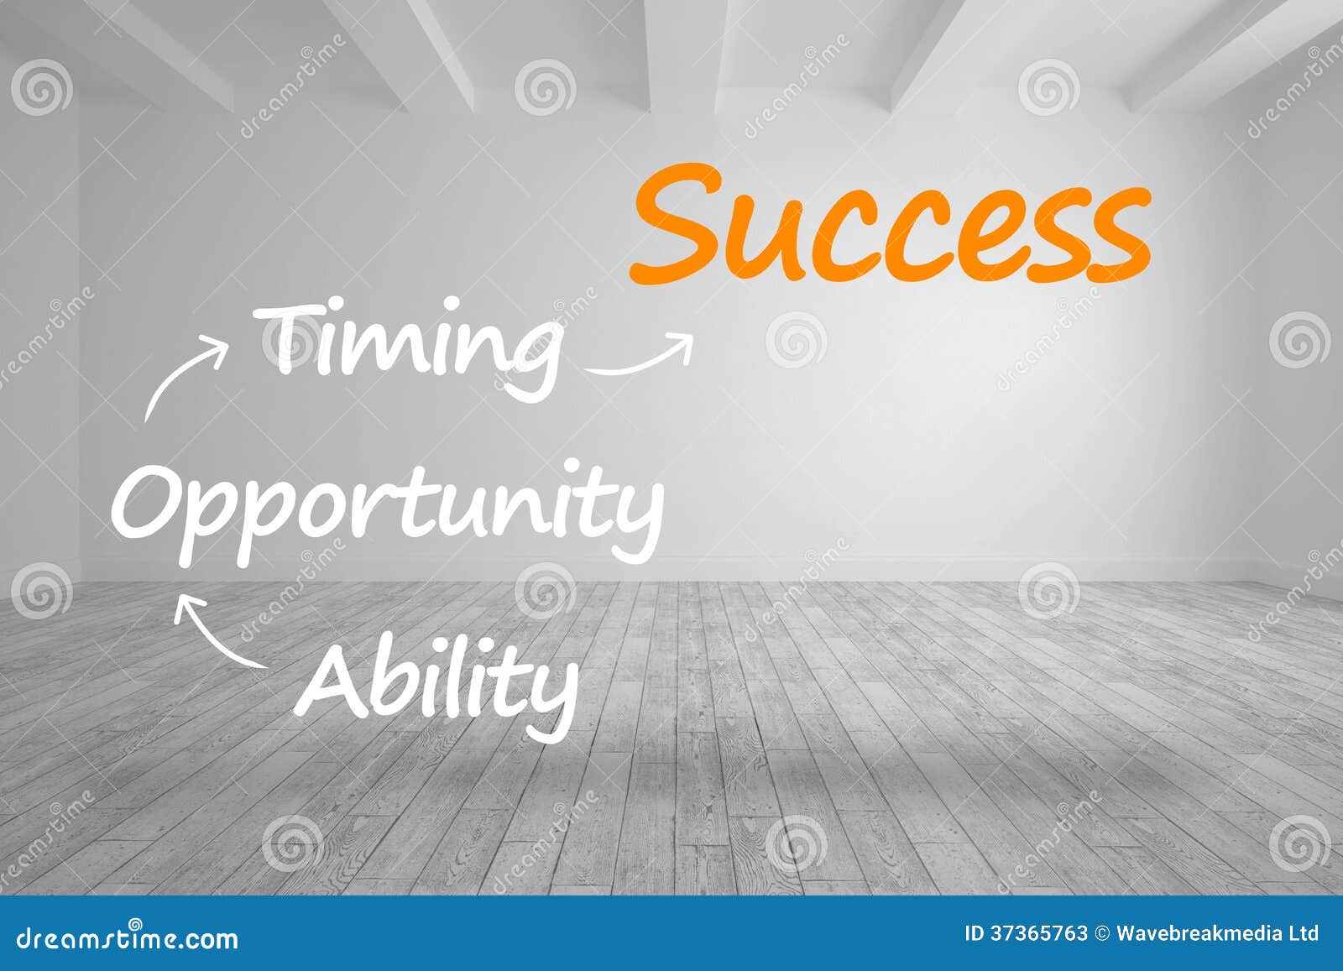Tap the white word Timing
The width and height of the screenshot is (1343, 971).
click(407, 346)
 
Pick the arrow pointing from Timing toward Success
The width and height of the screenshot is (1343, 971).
click(640, 357)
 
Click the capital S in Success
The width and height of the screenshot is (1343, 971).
click(676, 225)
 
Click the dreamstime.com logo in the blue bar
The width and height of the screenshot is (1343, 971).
click(128, 937)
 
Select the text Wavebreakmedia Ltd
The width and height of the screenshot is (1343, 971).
click(1217, 933)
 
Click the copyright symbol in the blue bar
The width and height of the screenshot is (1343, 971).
click(1102, 933)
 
